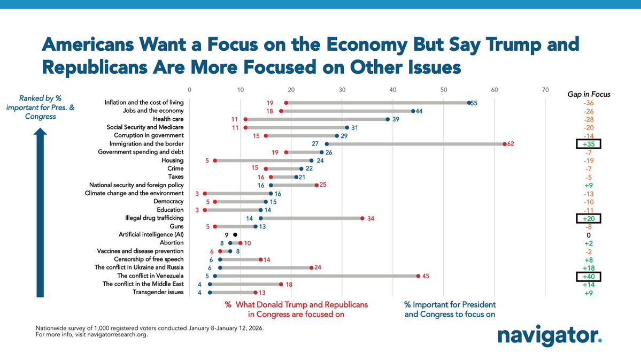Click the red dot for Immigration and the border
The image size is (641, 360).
pos(504,144)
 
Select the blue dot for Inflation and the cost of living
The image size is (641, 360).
pos(469,103)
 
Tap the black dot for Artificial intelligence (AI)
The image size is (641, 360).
pos(235,235)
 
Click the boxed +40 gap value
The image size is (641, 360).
pos(588,276)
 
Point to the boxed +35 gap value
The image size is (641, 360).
pos(588,144)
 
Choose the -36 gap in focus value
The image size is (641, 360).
pos(588,103)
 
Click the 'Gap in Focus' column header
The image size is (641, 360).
pos(588,94)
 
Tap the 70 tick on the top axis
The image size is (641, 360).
pos(545,90)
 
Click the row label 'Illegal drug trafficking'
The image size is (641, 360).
pos(153,218)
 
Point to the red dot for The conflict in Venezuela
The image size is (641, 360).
pos(418,276)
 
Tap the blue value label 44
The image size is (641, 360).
pos(420,111)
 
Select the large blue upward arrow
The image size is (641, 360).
pos(40,214)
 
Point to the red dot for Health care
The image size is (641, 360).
pos(245,119)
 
